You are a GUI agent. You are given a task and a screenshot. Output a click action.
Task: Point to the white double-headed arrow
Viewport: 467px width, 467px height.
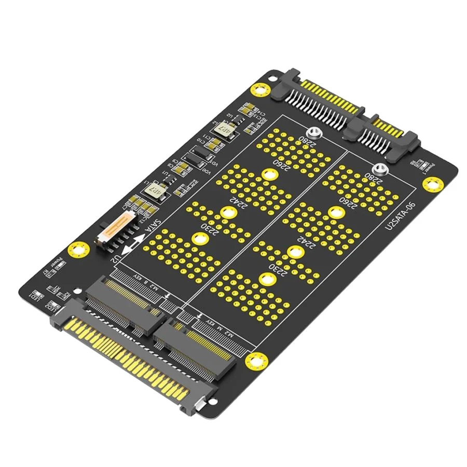click(x=136, y=242)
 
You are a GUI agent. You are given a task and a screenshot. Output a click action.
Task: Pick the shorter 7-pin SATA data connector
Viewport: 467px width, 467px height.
click(x=387, y=133)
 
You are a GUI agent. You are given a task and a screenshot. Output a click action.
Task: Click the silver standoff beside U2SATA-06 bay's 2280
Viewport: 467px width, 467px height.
click(x=380, y=169)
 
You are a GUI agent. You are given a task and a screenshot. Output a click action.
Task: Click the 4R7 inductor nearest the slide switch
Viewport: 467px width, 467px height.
click(x=156, y=190)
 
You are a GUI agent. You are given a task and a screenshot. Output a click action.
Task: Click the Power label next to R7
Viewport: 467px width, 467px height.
click(x=52, y=264)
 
